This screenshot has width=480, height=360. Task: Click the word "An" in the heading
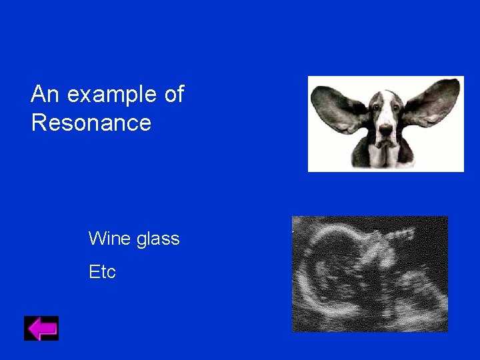point(45,95)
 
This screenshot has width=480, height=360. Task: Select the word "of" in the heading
point(173,95)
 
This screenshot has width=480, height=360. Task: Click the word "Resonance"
point(91,123)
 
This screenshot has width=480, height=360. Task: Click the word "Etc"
point(102,272)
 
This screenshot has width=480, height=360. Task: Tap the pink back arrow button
point(41,328)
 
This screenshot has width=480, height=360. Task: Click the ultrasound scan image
point(370,273)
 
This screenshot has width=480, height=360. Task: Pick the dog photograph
point(385,123)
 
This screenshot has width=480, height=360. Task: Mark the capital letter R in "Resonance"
point(39,123)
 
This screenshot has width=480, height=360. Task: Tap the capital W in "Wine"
point(97,239)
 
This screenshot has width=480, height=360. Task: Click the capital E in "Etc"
point(93,272)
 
